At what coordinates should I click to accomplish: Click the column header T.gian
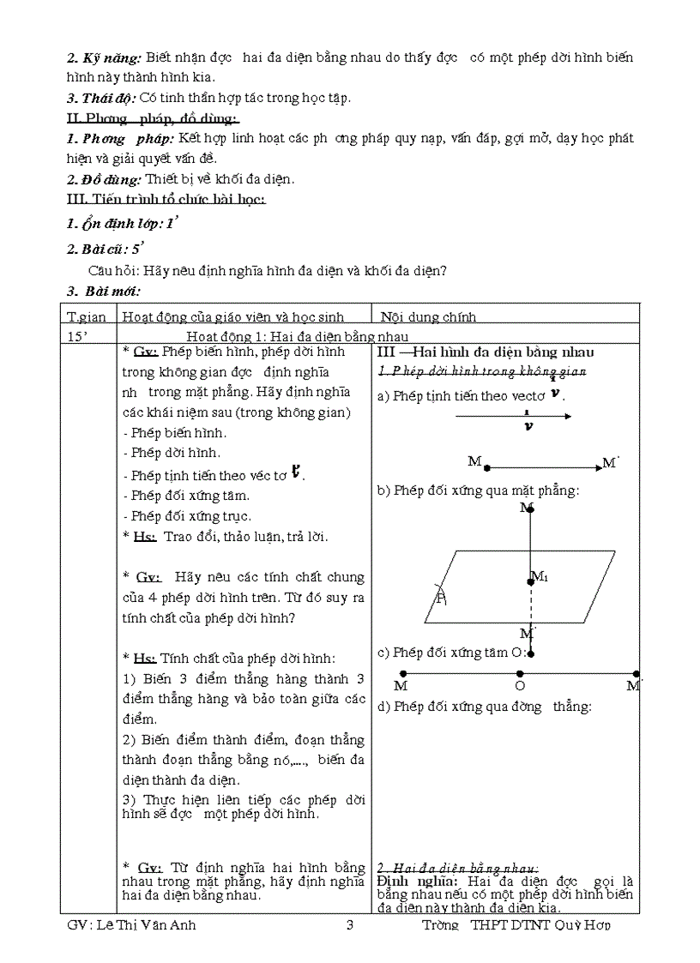[x=87, y=316]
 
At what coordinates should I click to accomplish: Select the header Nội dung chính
[x=428, y=316]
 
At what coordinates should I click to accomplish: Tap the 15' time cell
[x=76, y=335]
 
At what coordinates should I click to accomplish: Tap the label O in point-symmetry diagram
[x=519, y=686]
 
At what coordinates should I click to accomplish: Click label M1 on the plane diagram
[x=540, y=576]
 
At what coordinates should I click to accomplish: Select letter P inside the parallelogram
[x=441, y=598]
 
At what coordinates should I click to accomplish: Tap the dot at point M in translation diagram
[x=486, y=468]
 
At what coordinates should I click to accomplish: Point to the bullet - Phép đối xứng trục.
[x=187, y=516]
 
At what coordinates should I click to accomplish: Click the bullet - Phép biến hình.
[x=175, y=432]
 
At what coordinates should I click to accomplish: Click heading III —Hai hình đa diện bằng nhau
[x=486, y=352]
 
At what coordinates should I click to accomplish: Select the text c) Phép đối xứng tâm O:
[x=451, y=652]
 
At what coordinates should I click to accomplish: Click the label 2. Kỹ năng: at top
[x=104, y=57]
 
